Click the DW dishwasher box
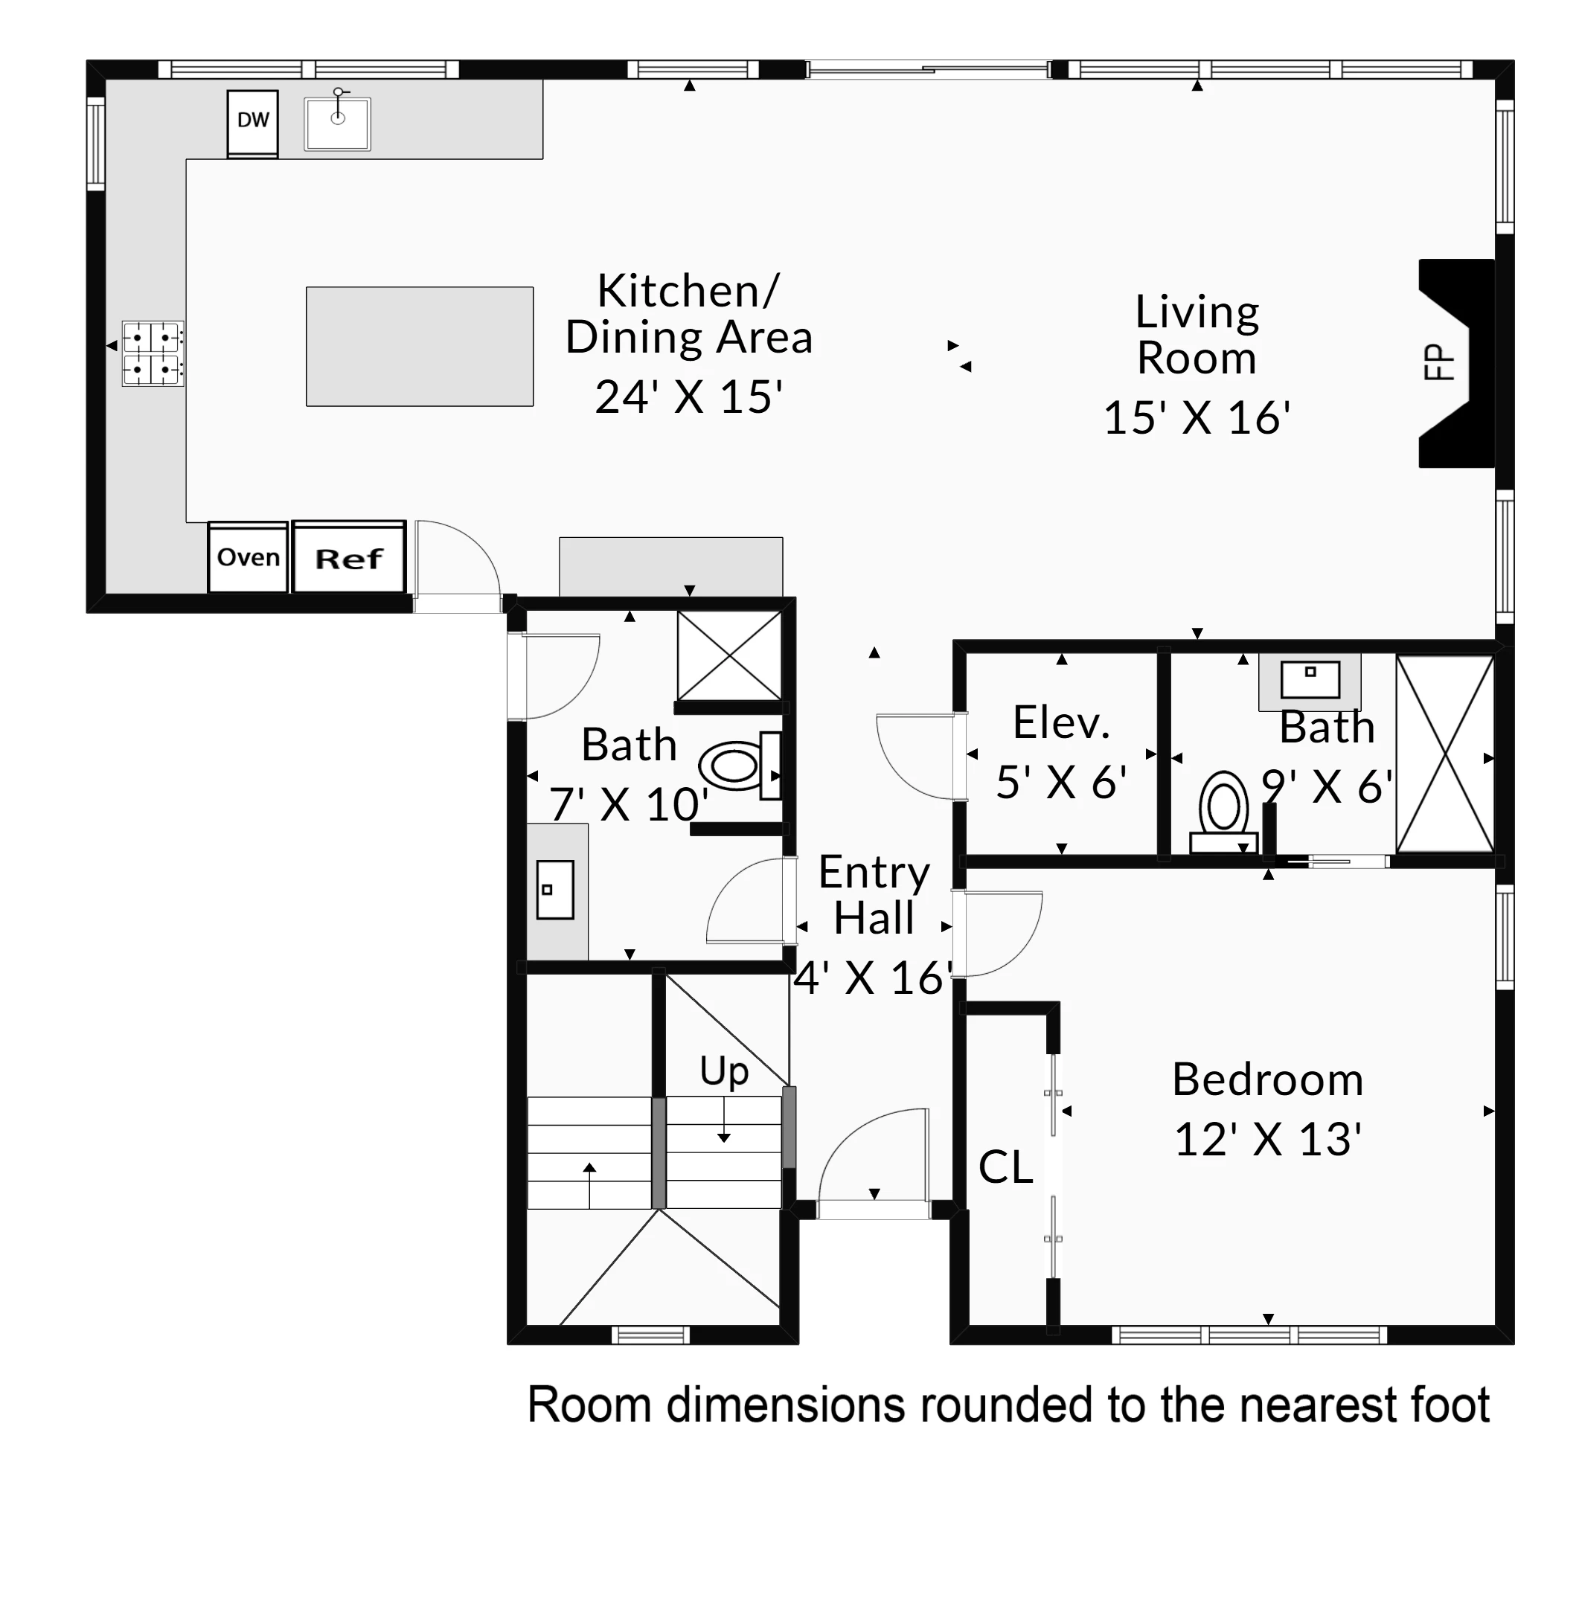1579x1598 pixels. coord(252,123)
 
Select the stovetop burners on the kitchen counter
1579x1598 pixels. coord(153,353)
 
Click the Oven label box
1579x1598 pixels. coord(247,556)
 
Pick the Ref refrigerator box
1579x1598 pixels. coord(349,556)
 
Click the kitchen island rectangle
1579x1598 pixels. coord(420,347)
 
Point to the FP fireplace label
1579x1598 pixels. coord(1438,362)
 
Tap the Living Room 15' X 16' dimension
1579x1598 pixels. coord(1196,417)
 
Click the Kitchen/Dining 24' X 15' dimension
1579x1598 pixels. coord(688,397)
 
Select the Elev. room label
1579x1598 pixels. coord(1060,722)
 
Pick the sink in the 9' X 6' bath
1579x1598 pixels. coord(1310,681)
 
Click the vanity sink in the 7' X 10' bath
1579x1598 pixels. coord(555,889)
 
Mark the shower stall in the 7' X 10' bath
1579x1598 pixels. coord(728,656)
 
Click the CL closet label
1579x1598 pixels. coord(1005,1167)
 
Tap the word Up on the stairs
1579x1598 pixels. coord(724,1072)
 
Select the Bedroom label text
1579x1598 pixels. coord(1267,1079)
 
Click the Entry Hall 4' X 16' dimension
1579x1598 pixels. coord(873,978)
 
